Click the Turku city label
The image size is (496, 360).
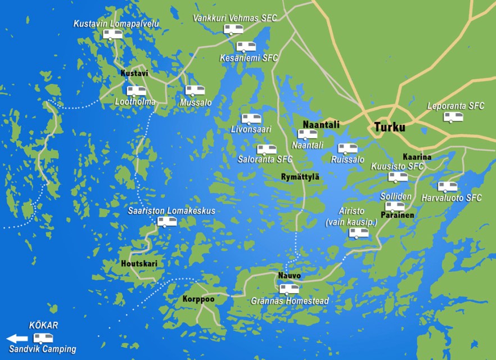[390, 127]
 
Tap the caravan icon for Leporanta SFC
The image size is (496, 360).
[453, 117]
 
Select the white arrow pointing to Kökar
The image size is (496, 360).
[16, 339]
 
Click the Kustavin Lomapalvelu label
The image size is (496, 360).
[116, 24]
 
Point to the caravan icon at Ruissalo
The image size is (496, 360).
[347, 149]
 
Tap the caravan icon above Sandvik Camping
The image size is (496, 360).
[43, 338]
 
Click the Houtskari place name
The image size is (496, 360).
[139, 263]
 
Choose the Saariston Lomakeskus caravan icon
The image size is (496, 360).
[167, 222]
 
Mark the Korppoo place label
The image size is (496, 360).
[199, 299]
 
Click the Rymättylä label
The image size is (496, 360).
[300, 177]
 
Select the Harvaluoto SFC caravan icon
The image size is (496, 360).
[448, 186]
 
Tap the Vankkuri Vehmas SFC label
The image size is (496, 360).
[235, 17]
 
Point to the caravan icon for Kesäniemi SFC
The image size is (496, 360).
[246, 47]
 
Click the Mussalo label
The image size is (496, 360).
[196, 103]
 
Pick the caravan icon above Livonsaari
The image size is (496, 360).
[251, 119]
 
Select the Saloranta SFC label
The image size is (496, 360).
[265, 159]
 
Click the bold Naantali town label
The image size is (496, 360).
[321, 124]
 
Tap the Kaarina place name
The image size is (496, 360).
[417, 156]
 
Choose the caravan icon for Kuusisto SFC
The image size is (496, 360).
[398, 177]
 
